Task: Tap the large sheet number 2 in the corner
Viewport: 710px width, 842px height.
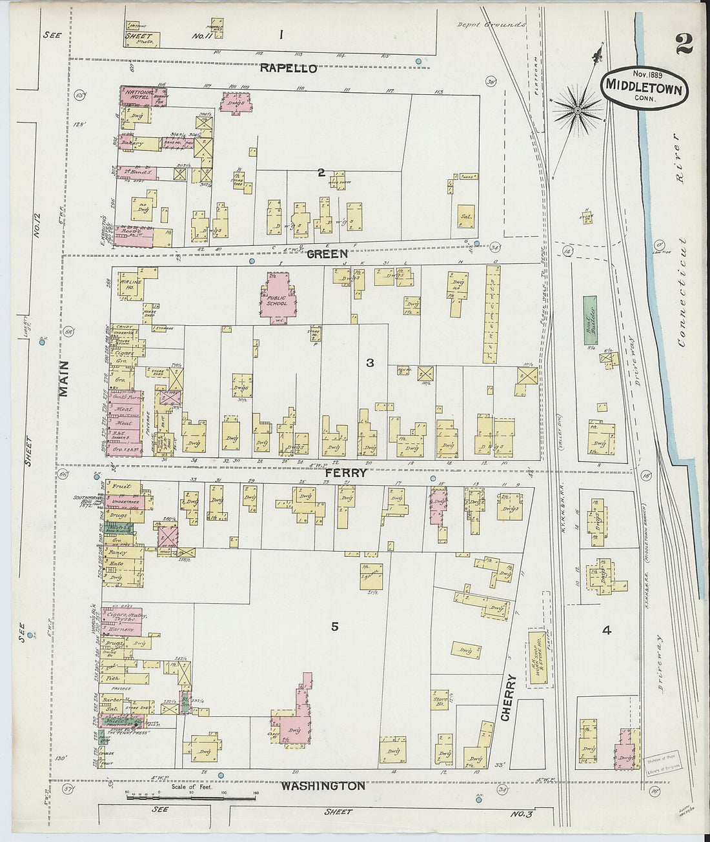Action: (684, 44)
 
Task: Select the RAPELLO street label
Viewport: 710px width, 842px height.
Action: (288, 68)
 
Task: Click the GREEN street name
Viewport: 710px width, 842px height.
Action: (327, 254)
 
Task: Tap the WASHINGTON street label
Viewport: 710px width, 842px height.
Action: (323, 786)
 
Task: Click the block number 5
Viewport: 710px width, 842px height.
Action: (334, 626)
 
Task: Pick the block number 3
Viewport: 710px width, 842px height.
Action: (370, 363)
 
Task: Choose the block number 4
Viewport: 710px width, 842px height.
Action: (606, 630)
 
